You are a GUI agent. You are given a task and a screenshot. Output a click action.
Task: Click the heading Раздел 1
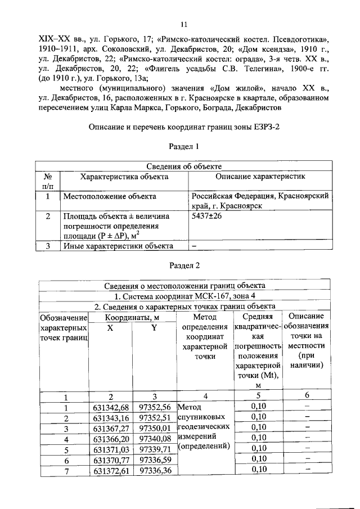point(184,146)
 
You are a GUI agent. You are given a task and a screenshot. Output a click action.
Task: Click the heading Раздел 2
point(184,265)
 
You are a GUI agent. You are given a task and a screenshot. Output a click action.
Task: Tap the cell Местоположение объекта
point(110,197)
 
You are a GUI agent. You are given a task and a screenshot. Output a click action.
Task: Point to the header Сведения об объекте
point(184,166)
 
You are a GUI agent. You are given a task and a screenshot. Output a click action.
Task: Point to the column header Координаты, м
point(132,317)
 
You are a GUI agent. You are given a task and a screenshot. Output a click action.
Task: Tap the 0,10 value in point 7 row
point(258,470)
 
